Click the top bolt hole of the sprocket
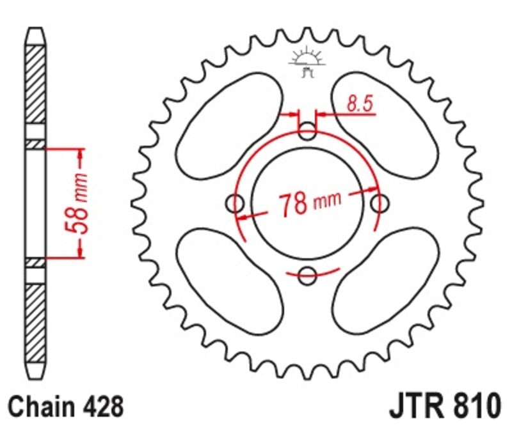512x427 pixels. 308,133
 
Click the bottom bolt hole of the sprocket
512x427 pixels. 308,276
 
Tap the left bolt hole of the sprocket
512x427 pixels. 236,205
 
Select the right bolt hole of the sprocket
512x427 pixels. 380,205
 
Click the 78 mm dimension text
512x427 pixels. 309,205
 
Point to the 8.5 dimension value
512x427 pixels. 360,103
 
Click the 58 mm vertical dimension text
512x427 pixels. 80,204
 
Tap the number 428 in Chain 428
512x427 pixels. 100,406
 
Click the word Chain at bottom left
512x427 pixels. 41,406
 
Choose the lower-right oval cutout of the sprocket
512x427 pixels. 387,282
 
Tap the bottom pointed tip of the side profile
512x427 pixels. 36,378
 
